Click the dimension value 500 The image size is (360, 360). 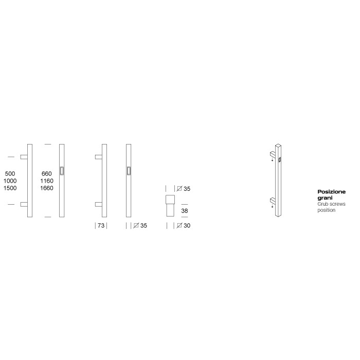(10, 173)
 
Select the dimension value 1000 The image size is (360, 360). (10, 181)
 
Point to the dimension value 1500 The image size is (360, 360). (10, 188)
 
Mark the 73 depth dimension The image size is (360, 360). (101, 225)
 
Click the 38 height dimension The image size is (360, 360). (184, 211)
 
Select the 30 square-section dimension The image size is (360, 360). (187, 225)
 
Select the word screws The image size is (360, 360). (337, 204)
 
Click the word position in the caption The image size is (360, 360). (326, 210)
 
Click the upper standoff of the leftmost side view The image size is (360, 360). (24, 156)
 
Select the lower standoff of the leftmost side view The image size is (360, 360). (24, 205)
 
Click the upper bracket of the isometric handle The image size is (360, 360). (273, 153)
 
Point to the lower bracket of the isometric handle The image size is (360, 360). (273, 200)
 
